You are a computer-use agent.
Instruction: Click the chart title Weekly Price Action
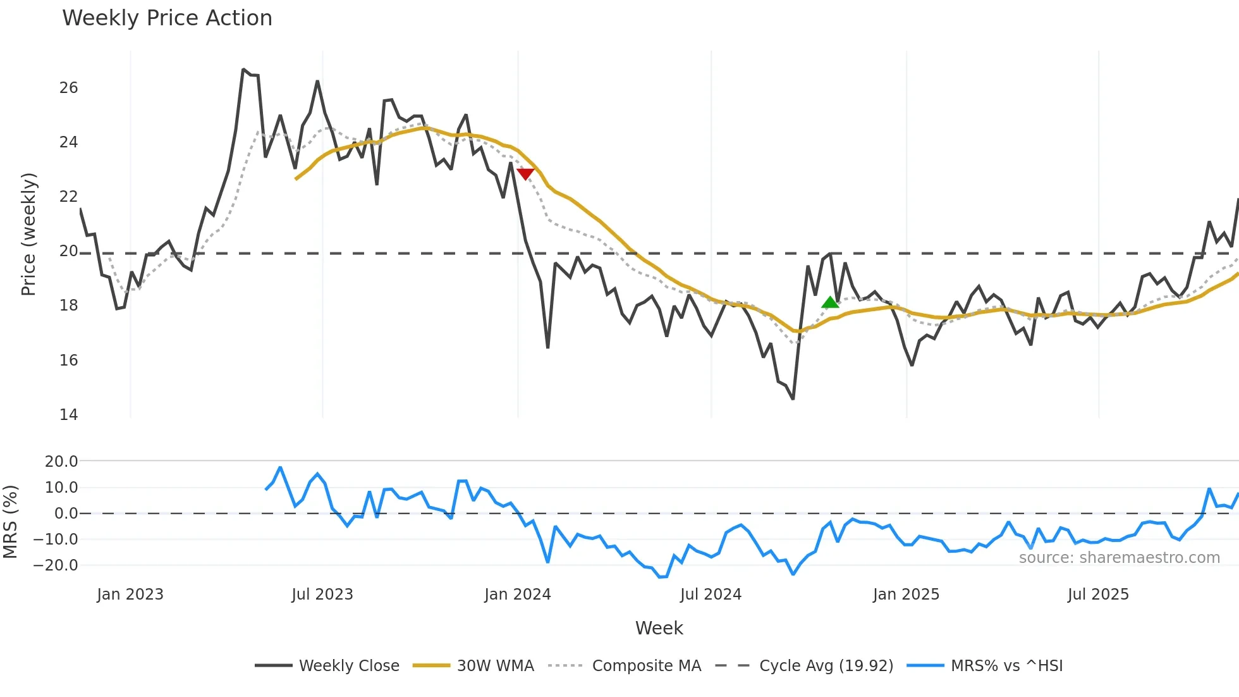tap(167, 18)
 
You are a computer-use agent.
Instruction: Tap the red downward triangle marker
tap(525, 173)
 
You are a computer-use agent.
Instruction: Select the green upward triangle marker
tap(830, 302)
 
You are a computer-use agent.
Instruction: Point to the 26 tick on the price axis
tap(68, 88)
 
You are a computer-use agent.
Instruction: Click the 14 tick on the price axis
tap(68, 415)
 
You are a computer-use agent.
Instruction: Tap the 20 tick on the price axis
tap(68, 251)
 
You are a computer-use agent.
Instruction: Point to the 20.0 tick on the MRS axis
tap(61, 462)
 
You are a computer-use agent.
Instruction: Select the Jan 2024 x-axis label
tap(518, 595)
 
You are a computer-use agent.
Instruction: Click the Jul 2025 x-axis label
tap(1098, 595)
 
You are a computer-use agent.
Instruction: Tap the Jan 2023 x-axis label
tap(130, 595)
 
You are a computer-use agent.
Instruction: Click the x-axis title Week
tap(659, 628)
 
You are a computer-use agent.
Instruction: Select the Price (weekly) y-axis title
tap(28, 234)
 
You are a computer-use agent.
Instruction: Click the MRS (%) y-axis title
tap(10, 522)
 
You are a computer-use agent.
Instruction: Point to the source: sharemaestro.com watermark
tap(1119, 558)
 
